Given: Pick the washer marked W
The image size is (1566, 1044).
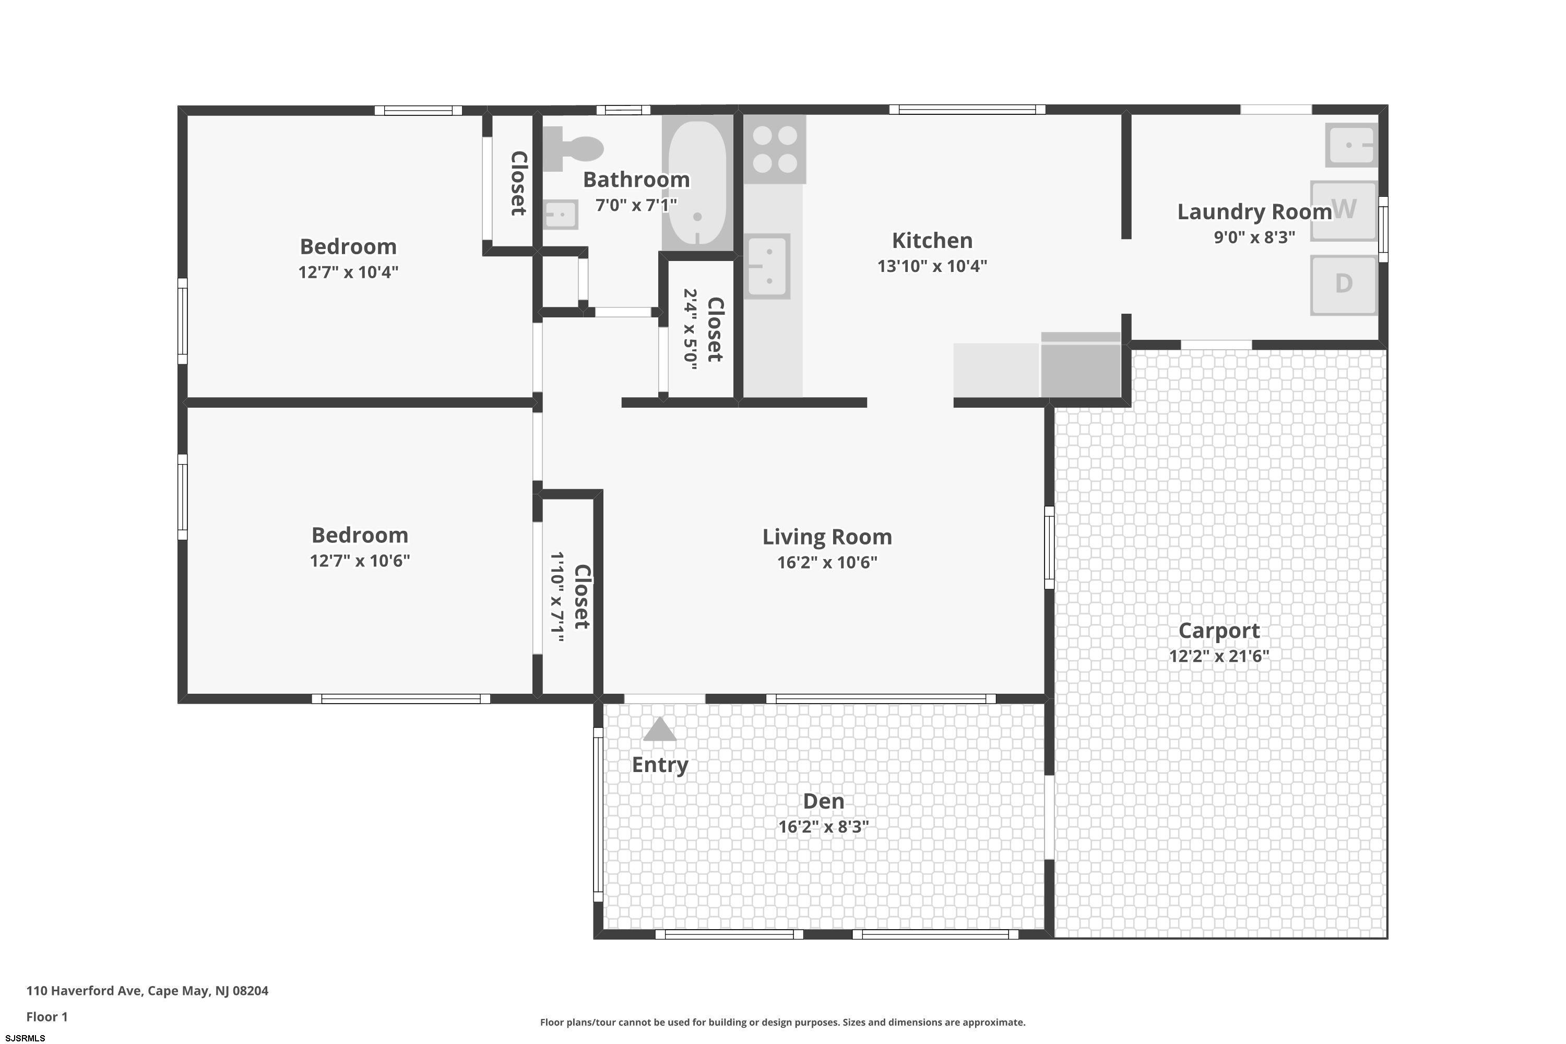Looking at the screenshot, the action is coord(1344,210).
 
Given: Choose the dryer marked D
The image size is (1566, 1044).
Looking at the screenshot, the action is coord(1344,285).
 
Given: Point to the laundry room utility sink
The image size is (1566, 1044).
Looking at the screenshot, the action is coord(1351,145).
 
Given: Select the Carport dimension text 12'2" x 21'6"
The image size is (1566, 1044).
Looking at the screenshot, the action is coord(1219,656).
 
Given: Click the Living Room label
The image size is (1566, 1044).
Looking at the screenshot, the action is coord(827,537).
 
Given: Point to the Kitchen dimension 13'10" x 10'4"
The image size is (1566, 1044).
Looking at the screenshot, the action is coord(932,266).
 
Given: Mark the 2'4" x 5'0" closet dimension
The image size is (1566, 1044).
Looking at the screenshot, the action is coord(691,329).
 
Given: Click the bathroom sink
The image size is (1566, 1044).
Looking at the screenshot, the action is coord(561,215).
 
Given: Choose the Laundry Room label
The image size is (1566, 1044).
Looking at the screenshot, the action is coord(1254,212).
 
